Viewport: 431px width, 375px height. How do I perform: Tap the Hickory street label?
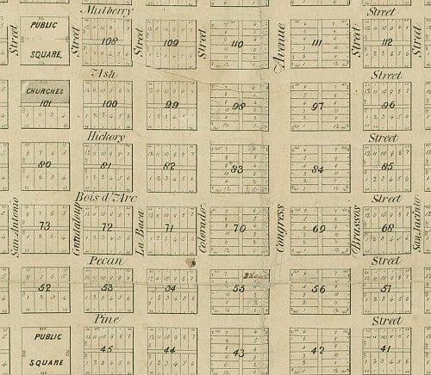(106, 136)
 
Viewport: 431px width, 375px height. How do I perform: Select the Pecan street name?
(106, 258)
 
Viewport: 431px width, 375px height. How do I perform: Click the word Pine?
(103, 319)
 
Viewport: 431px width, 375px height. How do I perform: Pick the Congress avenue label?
(279, 231)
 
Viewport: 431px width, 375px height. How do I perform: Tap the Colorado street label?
(203, 230)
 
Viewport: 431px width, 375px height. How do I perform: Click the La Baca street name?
(138, 231)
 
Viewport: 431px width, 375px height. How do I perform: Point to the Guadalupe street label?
(76, 231)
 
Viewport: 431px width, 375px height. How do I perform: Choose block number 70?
(240, 229)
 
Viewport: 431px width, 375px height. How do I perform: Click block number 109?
(171, 42)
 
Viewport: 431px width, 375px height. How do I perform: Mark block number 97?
(317, 106)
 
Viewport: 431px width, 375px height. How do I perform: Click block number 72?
(107, 227)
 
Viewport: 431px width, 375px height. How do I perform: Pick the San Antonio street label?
(15, 230)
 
